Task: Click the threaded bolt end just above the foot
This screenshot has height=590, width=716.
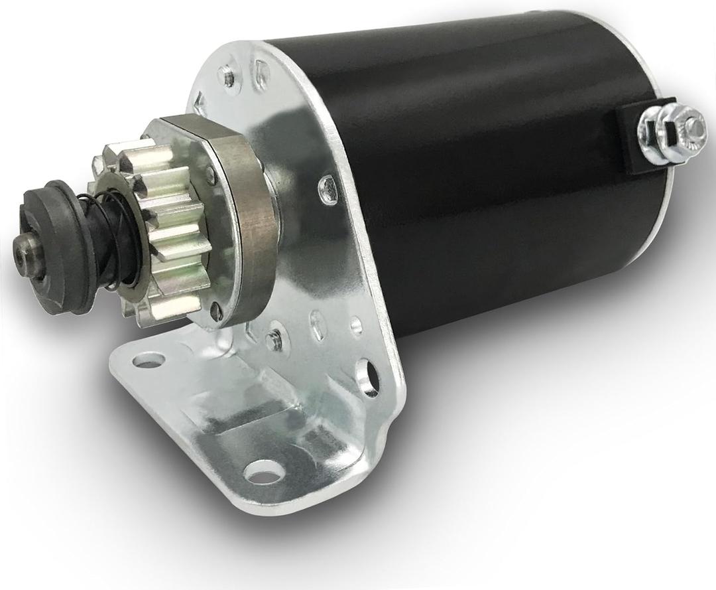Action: tap(273, 342)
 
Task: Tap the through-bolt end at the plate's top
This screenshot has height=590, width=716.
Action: tap(230, 78)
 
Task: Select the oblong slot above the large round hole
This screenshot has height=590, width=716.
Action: tap(319, 325)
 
